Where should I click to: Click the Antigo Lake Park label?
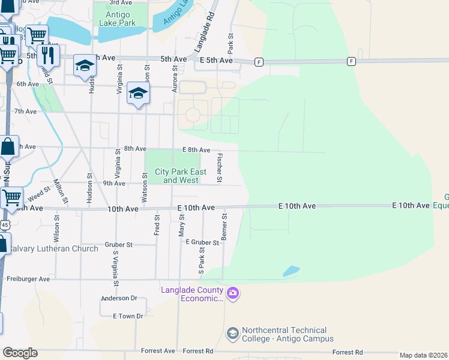click(x=121, y=19)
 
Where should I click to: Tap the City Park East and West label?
click(x=181, y=176)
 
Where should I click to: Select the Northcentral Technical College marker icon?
click(x=233, y=333)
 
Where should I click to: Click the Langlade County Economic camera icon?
click(x=233, y=293)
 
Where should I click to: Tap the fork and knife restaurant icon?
click(x=48, y=55)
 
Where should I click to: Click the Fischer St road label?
click(x=220, y=168)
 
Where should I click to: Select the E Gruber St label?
click(x=202, y=242)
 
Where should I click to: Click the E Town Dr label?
click(x=128, y=316)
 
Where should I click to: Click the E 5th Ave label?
click(x=216, y=61)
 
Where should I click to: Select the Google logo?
click(x=20, y=353)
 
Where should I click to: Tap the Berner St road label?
click(x=224, y=227)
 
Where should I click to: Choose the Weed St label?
click(x=38, y=193)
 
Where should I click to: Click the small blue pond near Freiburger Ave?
click(x=291, y=271)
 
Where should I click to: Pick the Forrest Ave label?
click(x=158, y=351)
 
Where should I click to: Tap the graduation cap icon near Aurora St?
click(x=139, y=93)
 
